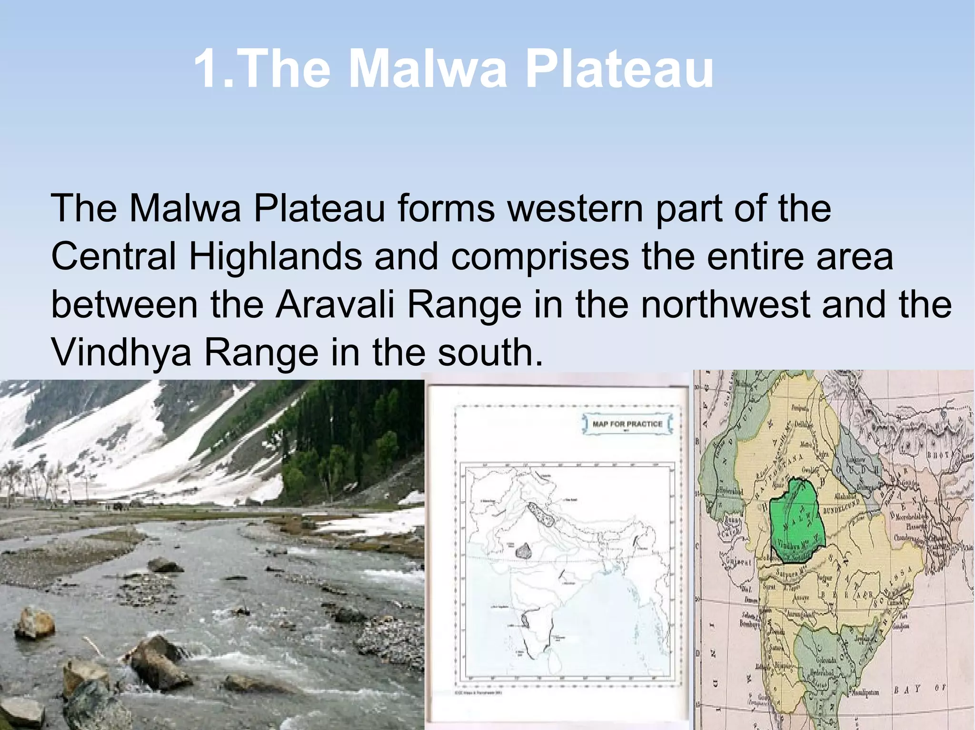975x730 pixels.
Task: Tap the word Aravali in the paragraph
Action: pos(335,304)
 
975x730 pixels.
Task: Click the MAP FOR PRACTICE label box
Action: pos(627,424)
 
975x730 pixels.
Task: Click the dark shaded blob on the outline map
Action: pos(524,551)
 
